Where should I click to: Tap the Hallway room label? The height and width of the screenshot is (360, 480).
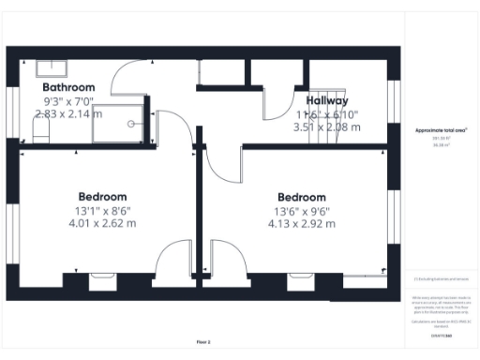pyautogui.click(x=325, y=100)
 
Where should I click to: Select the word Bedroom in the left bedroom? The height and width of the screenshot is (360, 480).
pyautogui.click(x=102, y=196)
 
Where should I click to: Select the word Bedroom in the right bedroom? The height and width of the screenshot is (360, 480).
pyautogui.click(x=301, y=197)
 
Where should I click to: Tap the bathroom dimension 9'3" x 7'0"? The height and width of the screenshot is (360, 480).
pyautogui.click(x=71, y=100)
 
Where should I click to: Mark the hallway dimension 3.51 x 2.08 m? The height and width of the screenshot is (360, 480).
pyautogui.click(x=325, y=127)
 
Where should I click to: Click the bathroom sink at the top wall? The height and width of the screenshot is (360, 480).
pyautogui.click(x=50, y=67)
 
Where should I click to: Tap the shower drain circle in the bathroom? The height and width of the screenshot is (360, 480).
pyautogui.click(x=131, y=121)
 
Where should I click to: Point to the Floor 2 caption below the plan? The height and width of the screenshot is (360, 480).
pyautogui.click(x=203, y=342)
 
